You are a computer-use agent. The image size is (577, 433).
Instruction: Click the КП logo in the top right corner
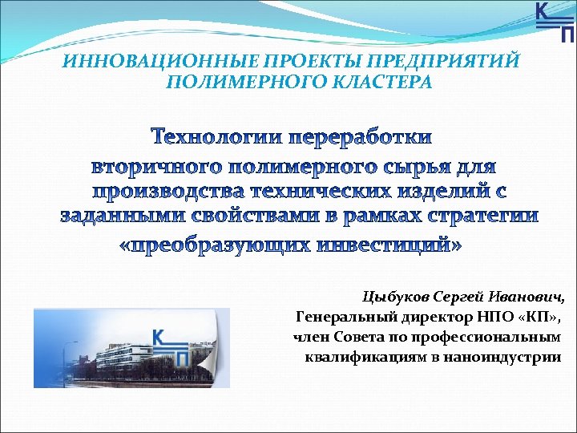554,21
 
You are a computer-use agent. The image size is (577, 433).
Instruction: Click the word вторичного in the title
157,168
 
